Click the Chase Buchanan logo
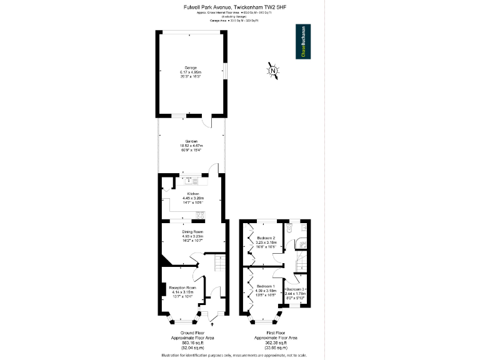pos(303,42)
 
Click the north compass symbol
pos(273,71)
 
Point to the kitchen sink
pos(190,181)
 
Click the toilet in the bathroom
pos(289,229)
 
